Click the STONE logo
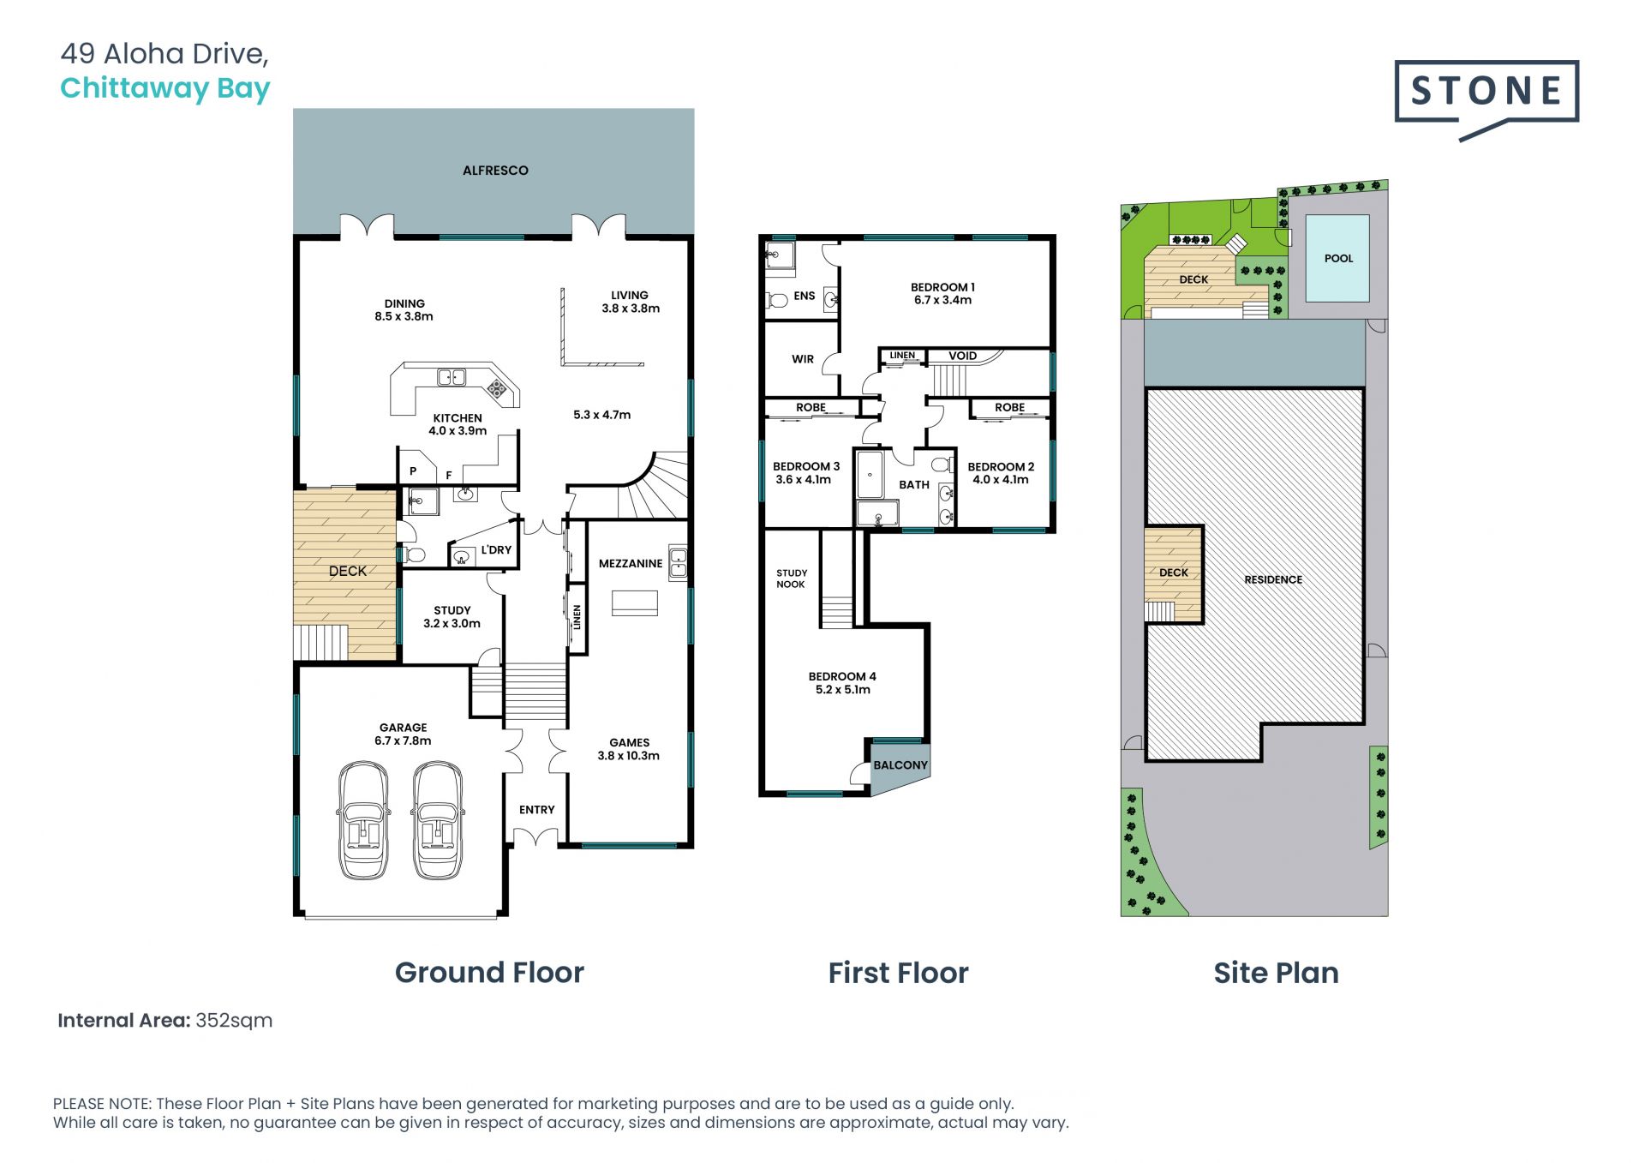point(1486,97)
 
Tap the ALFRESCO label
point(495,171)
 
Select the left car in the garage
point(363,820)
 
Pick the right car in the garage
point(438,820)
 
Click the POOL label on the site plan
point(1338,258)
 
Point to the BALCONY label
point(900,765)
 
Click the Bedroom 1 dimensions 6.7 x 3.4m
point(942,300)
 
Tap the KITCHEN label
point(458,418)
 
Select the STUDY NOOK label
point(791,579)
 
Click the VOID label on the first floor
point(962,356)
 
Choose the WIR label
point(803,359)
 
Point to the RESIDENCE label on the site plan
point(1273,579)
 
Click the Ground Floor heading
point(489,973)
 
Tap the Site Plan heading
point(1276,973)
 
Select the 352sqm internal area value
point(234,1021)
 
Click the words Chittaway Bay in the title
point(165,88)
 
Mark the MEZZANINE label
point(631,563)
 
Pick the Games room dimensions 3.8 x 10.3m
point(629,756)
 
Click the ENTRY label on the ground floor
point(537,810)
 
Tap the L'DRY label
point(496,550)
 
